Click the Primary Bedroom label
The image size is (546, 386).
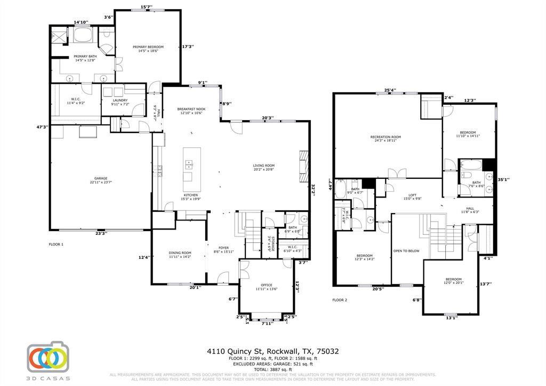pyautogui.click(x=148, y=47)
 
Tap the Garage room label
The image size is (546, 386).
pyautogui.click(x=100, y=178)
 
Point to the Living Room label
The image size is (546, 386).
pyautogui.click(x=263, y=166)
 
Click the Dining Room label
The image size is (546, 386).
pyautogui.click(x=180, y=253)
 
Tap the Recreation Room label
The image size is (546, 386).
pyautogui.click(x=386, y=137)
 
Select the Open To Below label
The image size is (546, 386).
pyautogui.click(x=406, y=251)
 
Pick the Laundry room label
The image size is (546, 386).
pyautogui.click(x=120, y=99)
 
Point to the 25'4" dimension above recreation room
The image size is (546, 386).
pyautogui.click(x=389, y=90)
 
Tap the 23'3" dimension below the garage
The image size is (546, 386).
pyautogui.click(x=101, y=233)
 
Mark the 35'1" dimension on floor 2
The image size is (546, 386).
pyautogui.click(x=503, y=179)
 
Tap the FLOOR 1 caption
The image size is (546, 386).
pyautogui.click(x=56, y=245)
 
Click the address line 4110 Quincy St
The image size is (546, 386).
pyautogui.click(x=272, y=351)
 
